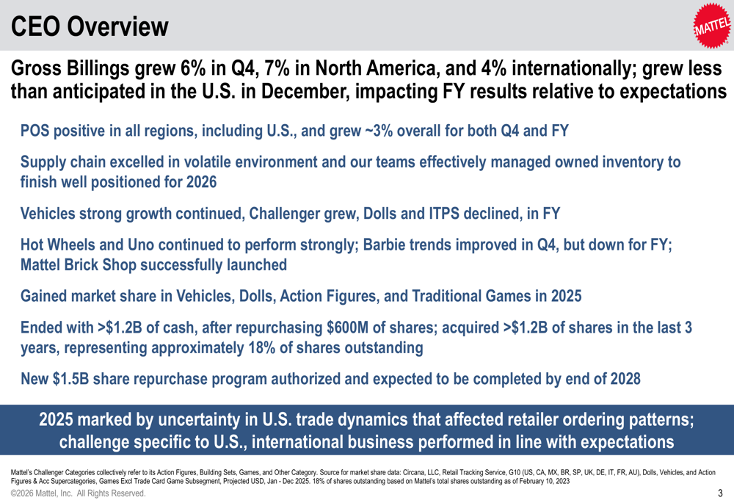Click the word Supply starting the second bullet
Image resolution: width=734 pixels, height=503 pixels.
click(x=46, y=162)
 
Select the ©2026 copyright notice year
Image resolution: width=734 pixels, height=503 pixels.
click(x=24, y=493)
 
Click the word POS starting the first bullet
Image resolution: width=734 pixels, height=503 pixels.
click(x=36, y=131)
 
